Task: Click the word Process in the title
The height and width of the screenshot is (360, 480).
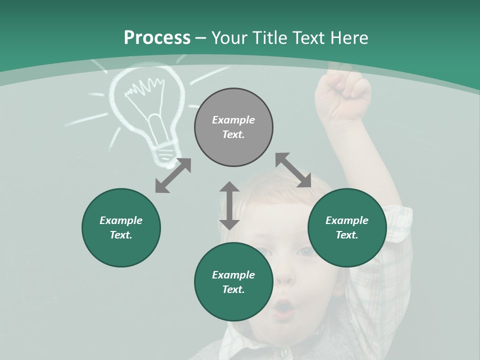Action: click(157, 38)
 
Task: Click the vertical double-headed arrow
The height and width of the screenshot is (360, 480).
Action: click(229, 205)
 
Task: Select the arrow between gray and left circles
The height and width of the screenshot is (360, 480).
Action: click(173, 175)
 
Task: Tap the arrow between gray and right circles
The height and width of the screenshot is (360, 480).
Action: click(293, 170)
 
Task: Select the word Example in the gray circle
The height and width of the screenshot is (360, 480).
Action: click(233, 120)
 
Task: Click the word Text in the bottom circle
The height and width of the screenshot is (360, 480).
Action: click(232, 289)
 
